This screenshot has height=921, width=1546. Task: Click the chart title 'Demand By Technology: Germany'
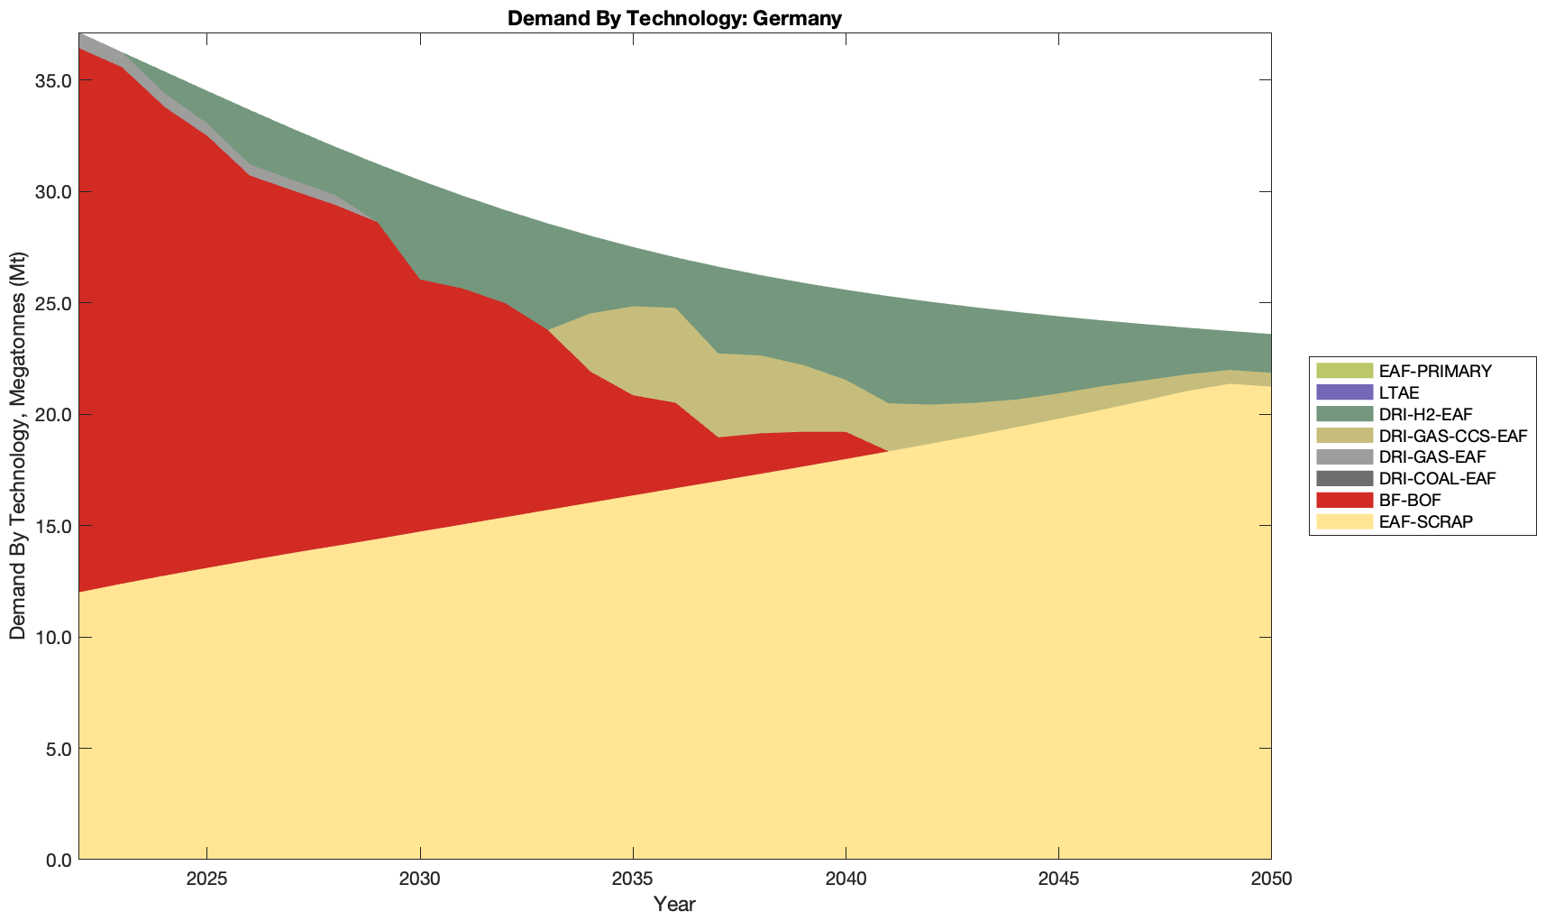(674, 18)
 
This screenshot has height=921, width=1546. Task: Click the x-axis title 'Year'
(674, 904)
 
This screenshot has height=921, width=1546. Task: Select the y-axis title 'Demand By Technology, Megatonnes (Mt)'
(17, 447)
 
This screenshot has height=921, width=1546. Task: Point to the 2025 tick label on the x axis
(206, 880)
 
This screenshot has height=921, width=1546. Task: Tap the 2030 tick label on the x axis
(420, 880)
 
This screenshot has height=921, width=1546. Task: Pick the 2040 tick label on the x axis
(846, 880)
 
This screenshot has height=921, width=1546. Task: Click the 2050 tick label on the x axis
(1271, 880)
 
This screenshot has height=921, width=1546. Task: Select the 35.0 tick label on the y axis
(53, 80)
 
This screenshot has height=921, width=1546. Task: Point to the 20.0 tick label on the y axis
(53, 414)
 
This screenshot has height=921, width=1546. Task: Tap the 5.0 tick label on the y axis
(57, 749)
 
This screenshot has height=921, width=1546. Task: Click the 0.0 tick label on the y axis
(57, 860)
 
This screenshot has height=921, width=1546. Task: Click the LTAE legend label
(1399, 392)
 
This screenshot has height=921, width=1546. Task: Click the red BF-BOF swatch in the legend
(1343, 500)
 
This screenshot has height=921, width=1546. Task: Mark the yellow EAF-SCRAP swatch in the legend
(1343, 521)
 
